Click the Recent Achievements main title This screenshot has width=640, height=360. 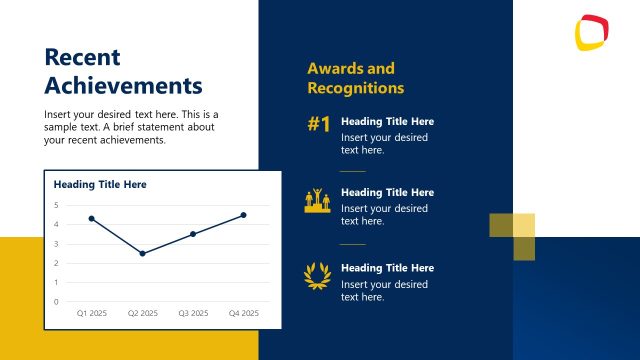123,71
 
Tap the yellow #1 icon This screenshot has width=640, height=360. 318,125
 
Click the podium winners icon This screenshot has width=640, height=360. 318,200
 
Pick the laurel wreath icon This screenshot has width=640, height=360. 318,274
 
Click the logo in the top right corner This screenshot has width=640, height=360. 592,33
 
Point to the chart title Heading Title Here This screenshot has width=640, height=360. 100,185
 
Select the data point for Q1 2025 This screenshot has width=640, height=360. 91,218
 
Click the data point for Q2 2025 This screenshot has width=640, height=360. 142,253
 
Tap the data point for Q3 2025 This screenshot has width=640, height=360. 193,234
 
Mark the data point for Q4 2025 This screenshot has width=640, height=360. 243,215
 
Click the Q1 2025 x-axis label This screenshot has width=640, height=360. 92,313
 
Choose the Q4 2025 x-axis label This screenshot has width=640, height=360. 243,313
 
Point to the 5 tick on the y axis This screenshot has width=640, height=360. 56,205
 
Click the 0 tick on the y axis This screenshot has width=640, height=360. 56,301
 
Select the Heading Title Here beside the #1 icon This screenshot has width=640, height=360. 387,122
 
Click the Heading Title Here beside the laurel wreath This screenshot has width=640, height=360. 387,268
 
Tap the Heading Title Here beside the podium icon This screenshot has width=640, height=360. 387,192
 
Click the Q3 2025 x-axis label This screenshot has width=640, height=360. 193,313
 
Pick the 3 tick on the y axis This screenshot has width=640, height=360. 56,243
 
